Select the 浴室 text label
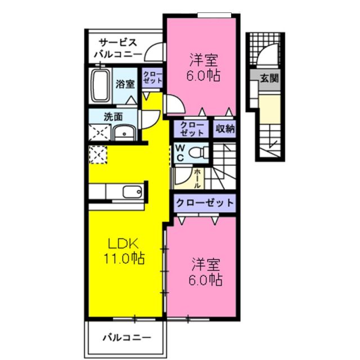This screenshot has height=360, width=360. (x=125, y=85)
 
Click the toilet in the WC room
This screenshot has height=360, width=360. (x=197, y=152)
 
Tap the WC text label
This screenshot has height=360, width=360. (x=180, y=151)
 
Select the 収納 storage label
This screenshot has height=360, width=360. (x=224, y=129)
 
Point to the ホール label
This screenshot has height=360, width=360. (x=197, y=178)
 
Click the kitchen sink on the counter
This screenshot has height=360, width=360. (x=132, y=192)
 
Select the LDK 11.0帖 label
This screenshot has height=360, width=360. (x=124, y=251)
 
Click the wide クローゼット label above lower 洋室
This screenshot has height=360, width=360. (x=204, y=202)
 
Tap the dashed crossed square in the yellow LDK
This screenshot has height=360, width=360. (x=97, y=154)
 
